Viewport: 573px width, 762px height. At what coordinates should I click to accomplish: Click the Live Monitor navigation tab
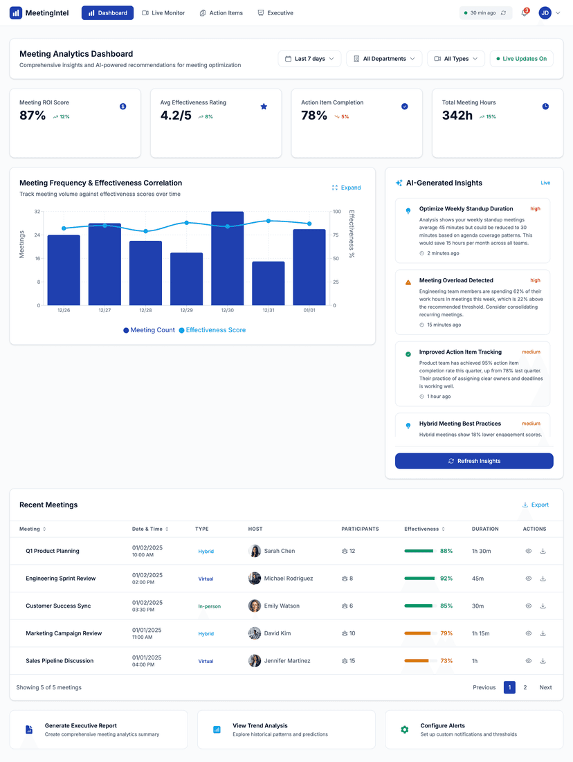pyautogui.click(x=163, y=13)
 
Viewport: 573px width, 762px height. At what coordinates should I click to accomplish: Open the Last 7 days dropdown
pyautogui.click(x=309, y=59)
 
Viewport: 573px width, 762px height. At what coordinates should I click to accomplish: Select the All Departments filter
pyautogui.click(x=383, y=59)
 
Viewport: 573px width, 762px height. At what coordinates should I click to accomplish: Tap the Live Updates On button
pyautogui.click(x=522, y=59)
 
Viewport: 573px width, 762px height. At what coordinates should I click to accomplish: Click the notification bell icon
pyautogui.click(x=525, y=13)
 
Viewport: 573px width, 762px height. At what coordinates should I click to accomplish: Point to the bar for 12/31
pyautogui.click(x=268, y=283)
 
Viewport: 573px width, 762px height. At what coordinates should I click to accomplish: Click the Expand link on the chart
pyautogui.click(x=346, y=188)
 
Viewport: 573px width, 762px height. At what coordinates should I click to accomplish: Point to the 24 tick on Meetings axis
pyautogui.click(x=37, y=235)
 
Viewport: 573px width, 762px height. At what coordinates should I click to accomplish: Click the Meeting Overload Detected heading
pyautogui.click(x=456, y=280)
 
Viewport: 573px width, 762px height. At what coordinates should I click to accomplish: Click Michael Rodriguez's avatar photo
pyautogui.click(x=255, y=579)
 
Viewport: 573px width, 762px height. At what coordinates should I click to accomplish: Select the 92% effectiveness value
pyautogui.click(x=446, y=579)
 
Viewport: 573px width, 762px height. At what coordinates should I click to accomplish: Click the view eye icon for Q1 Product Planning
pyautogui.click(x=528, y=552)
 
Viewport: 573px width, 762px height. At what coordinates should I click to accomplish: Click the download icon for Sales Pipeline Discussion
pyautogui.click(x=543, y=661)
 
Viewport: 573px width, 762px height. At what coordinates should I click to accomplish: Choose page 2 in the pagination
pyautogui.click(x=525, y=687)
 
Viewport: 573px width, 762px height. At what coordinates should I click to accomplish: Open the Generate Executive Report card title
pyautogui.click(x=81, y=726)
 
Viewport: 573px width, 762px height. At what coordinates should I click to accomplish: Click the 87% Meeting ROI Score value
pyautogui.click(x=33, y=116)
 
